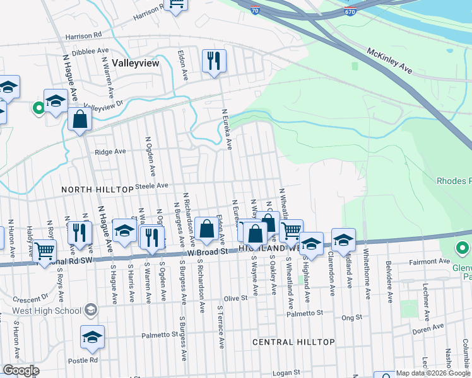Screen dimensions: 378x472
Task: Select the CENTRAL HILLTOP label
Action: (293, 341)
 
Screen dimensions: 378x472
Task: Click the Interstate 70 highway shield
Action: (254, 11)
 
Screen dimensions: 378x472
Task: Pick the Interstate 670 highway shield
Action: (350, 11)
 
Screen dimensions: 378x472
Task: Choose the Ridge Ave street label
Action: (110, 152)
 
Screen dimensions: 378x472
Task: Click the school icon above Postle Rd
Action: (93, 338)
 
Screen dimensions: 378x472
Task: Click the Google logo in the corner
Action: (21, 370)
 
